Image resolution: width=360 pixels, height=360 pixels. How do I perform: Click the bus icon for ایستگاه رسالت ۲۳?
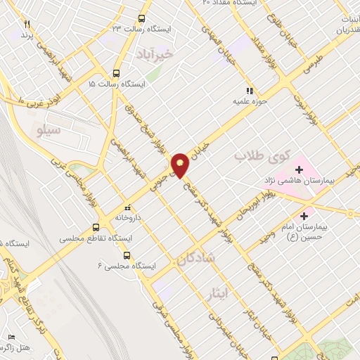(142, 19)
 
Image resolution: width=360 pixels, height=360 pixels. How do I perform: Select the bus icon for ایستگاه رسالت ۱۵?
(116, 72)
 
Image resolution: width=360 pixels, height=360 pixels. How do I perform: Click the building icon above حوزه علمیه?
(248, 90)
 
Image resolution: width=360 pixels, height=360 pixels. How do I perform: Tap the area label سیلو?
(47, 131)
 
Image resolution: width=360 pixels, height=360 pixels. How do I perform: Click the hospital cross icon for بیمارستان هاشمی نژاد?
(300, 169)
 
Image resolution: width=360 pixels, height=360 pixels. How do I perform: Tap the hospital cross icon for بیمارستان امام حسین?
(304, 216)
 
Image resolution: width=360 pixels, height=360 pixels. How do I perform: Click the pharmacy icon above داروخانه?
(127, 208)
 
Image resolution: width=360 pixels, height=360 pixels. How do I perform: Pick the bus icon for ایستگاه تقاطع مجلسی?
(96, 227)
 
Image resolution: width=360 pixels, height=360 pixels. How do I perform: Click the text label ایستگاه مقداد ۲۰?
(226, 4)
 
